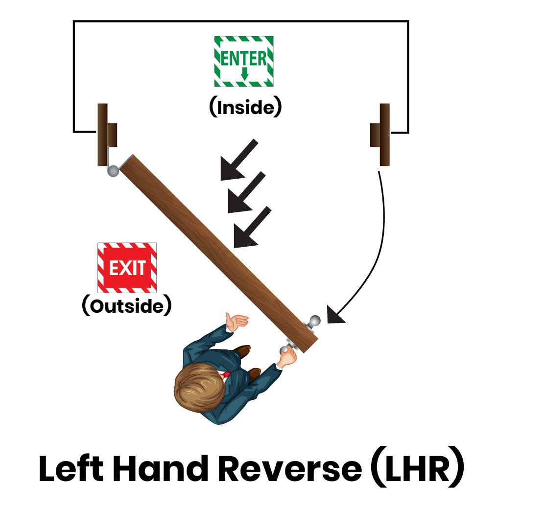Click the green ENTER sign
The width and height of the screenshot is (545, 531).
coord(244,61)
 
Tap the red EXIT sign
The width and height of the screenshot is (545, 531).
coord(127,267)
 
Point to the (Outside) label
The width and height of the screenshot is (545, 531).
coord(126,305)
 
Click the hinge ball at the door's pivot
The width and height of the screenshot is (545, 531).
coord(113,171)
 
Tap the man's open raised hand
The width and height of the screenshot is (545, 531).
coord(237,321)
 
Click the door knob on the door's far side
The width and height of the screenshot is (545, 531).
coord(314,321)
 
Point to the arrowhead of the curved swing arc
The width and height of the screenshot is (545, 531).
coord(334,315)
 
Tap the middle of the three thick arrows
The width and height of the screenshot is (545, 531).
coord(246,192)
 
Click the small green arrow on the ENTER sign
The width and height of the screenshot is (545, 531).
coord(244,73)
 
